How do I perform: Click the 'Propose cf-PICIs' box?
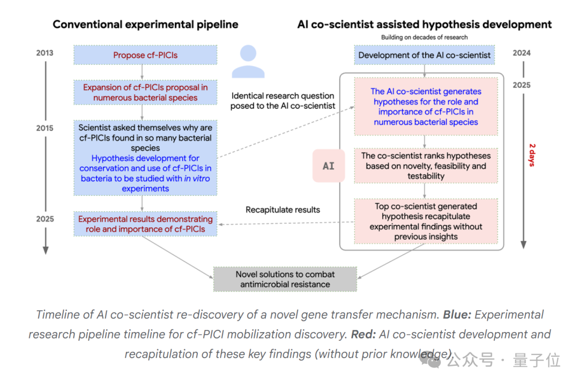tap(145, 55)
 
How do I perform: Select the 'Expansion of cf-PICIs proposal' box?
tap(145, 92)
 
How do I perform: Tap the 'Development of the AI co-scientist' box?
tap(425, 55)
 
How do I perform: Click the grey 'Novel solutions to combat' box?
tap(285, 279)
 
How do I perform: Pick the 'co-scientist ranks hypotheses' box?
tap(426, 166)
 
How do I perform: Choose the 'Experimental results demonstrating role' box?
tap(145, 224)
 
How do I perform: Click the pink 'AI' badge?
tap(329, 166)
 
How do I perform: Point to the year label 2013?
tap(45, 53)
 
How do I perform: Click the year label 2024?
tap(522, 53)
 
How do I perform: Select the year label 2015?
tap(45, 129)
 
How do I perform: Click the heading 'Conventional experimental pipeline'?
tap(145, 25)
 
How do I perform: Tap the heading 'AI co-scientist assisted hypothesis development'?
tap(425, 25)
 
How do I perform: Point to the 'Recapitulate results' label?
tap(283, 210)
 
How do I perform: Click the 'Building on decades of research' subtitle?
tap(425, 38)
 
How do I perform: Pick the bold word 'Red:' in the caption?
tap(363, 335)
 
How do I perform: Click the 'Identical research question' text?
tap(283, 96)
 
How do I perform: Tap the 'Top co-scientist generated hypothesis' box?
tap(426, 221)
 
